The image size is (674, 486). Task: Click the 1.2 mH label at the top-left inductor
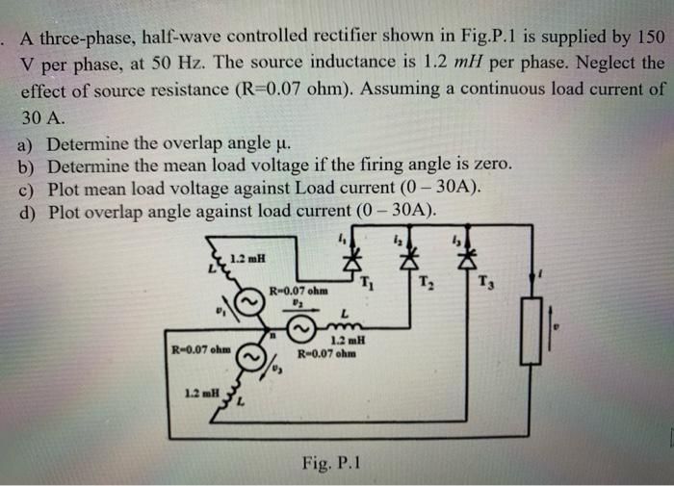pos(247,257)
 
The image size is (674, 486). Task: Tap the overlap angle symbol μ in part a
pos(280,144)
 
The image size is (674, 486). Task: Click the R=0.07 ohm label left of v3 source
pos(199,347)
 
